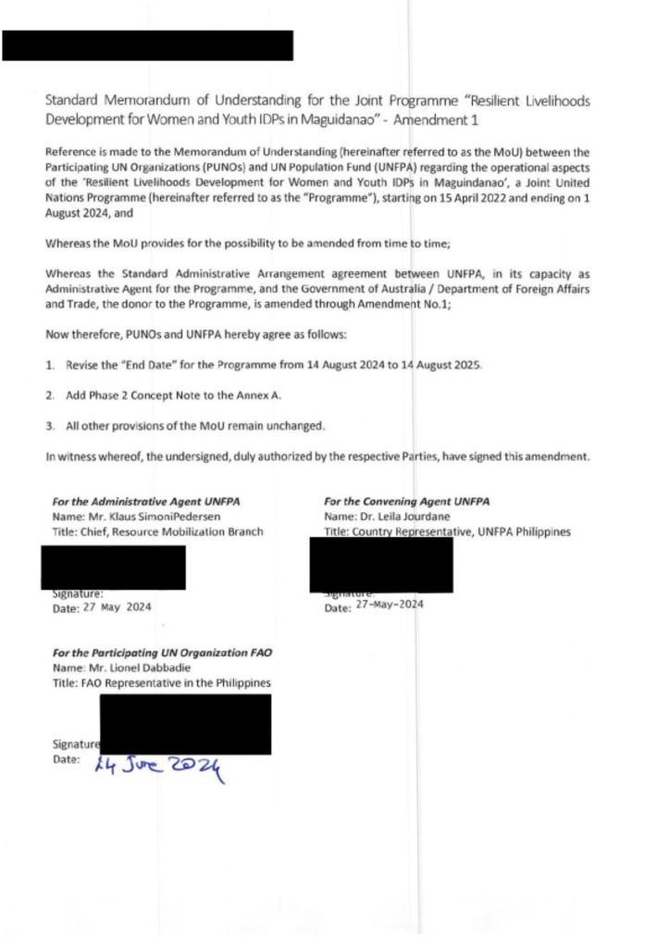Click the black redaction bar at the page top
[147, 45]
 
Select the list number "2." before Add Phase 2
[50, 395]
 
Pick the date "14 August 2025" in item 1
[440, 366]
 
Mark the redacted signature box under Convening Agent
[381, 564]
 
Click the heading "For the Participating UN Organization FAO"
[162, 652]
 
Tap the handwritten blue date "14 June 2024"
[158, 766]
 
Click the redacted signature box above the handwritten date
[185, 723]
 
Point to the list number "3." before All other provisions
[50, 426]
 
